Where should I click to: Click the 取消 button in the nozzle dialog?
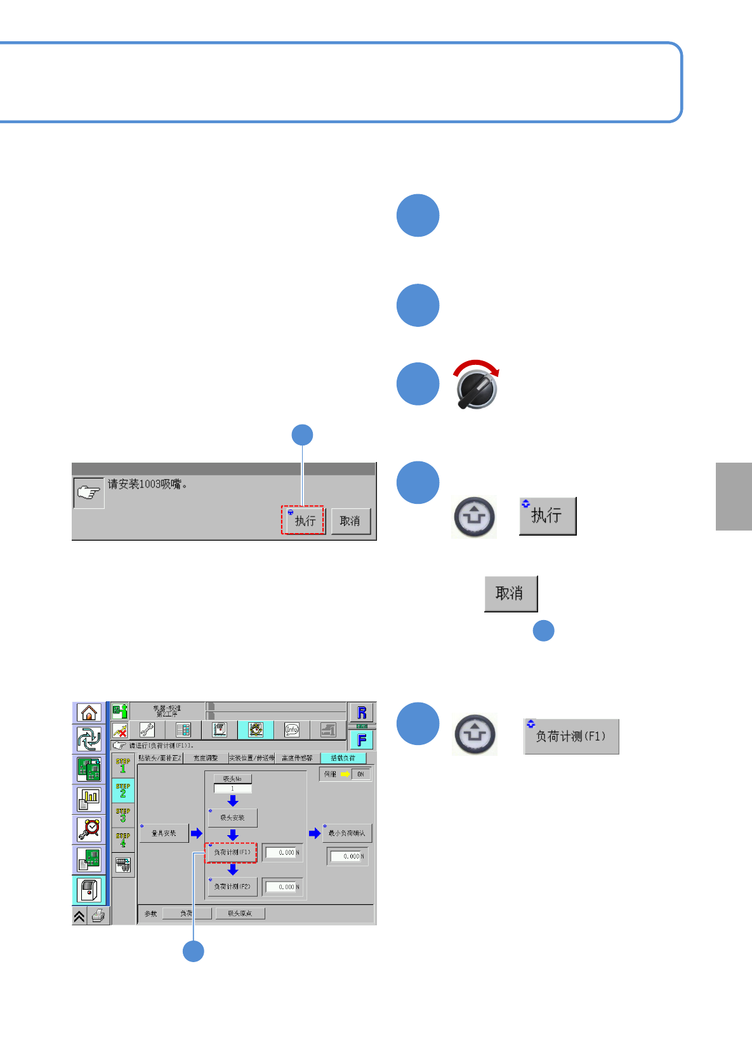[x=350, y=521]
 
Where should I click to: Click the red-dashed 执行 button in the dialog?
[x=303, y=520]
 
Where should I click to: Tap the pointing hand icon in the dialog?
[x=89, y=492]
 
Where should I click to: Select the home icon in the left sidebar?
[x=89, y=713]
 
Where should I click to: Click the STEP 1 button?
[x=123, y=765]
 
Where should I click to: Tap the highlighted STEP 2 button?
[x=123, y=790]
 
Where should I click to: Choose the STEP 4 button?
[x=123, y=840]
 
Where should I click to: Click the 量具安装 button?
[x=164, y=833]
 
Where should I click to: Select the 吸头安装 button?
[x=232, y=818]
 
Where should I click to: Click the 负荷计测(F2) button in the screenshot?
[x=232, y=887]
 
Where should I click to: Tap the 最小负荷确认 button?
[x=346, y=833]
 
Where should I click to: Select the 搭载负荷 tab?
[x=343, y=758]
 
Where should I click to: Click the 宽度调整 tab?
[x=206, y=758]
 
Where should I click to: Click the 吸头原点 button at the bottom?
[x=240, y=914]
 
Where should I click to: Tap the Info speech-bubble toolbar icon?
[x=292, y=730]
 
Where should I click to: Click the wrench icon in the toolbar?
[x=147, y=730]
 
